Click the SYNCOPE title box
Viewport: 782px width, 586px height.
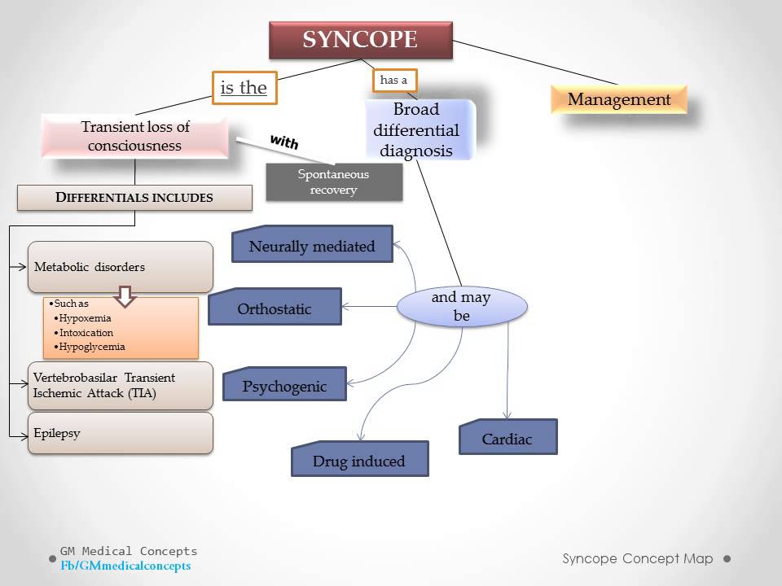360,40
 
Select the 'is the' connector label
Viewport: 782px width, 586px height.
244,88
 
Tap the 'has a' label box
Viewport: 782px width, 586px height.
394,80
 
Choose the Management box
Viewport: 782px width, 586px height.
619,100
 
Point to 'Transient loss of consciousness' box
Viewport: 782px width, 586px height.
135,137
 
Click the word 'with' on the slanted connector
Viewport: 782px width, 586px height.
283,142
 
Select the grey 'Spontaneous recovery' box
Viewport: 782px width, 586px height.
334,181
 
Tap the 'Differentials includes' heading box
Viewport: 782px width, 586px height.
134,198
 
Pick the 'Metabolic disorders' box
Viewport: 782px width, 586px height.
120,267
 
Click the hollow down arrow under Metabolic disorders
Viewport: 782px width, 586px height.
125,296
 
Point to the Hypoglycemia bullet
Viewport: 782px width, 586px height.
91,347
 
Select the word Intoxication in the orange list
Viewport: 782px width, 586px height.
86,333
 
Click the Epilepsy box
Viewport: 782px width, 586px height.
120,433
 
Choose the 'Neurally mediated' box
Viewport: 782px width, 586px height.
312,245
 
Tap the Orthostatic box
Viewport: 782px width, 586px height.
275,308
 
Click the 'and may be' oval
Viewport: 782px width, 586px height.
462,307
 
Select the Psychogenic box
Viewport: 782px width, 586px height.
284,385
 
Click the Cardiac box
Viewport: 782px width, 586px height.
507,438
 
